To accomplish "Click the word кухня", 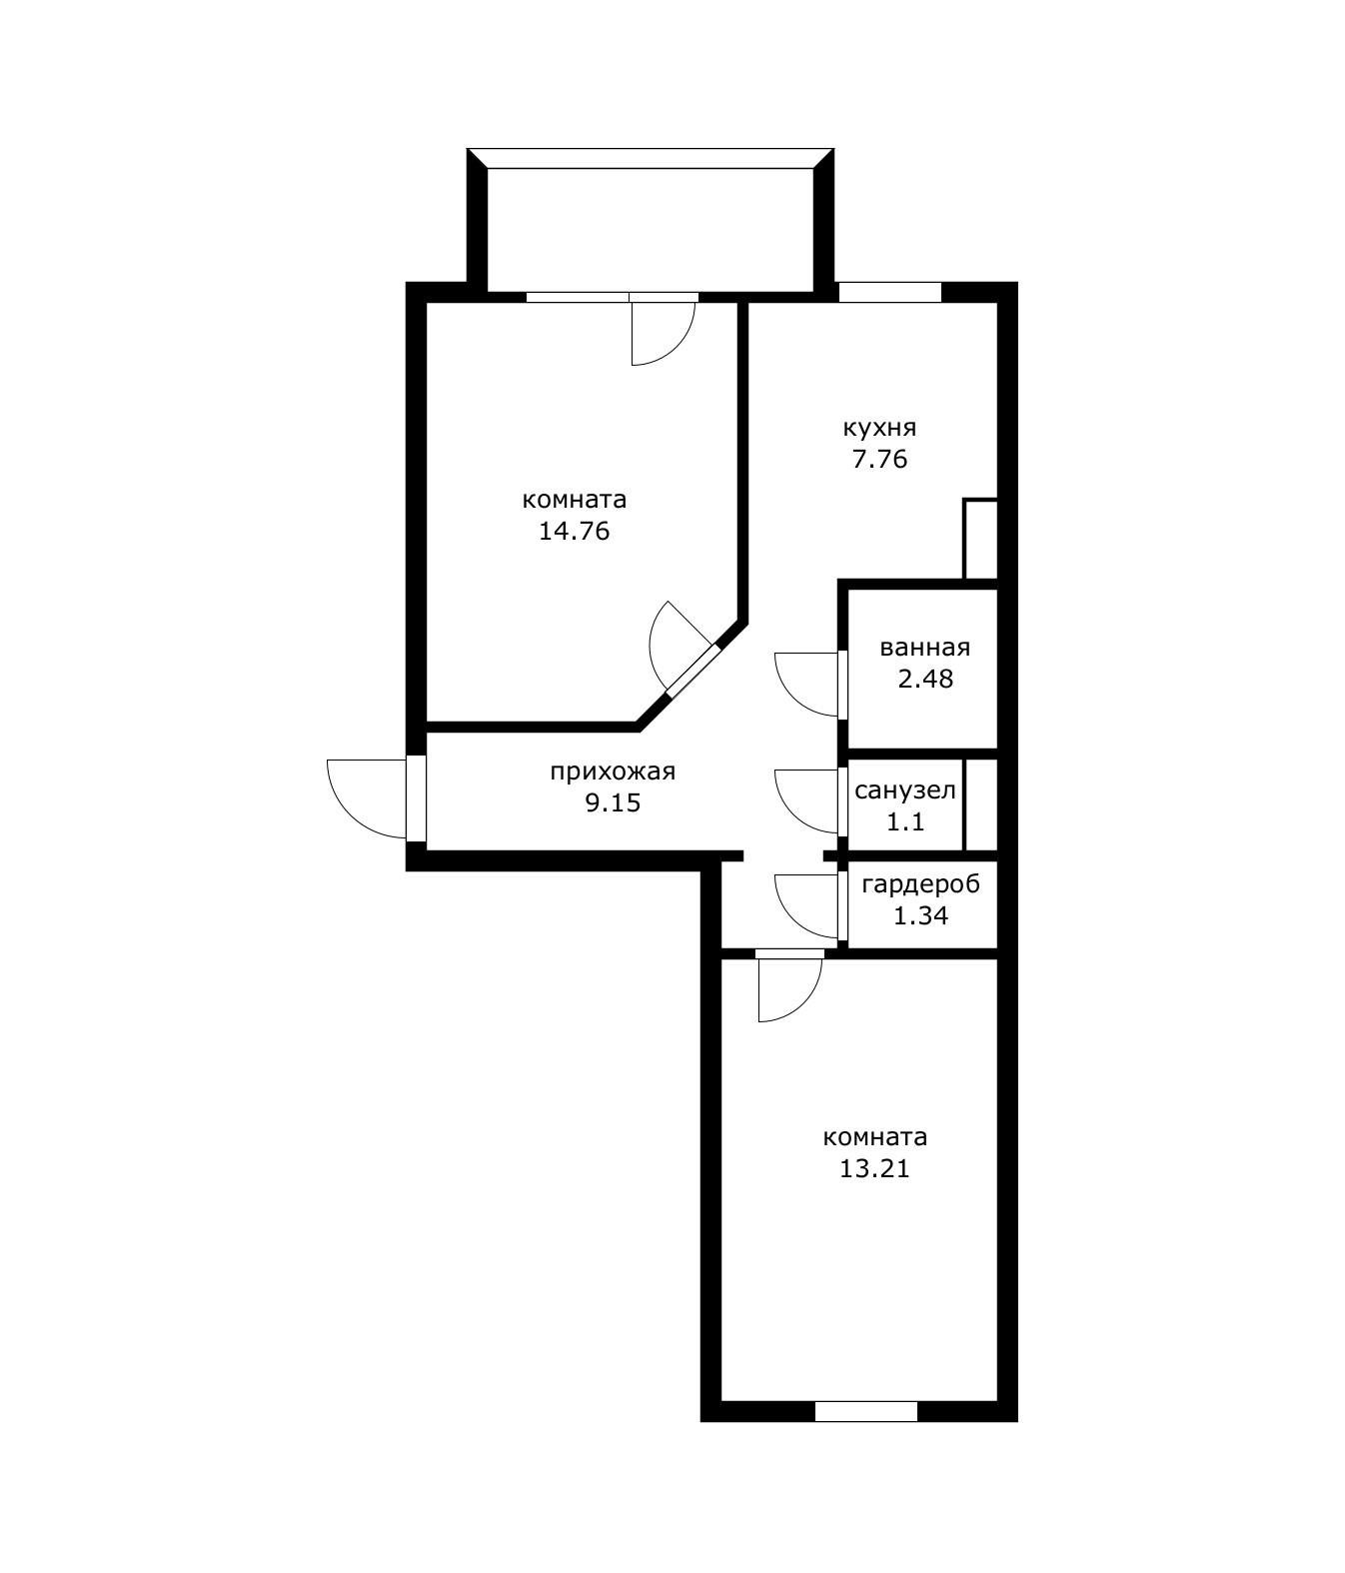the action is click(879, 429).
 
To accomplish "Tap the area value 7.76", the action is click(879, 460).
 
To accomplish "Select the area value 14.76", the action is click(575, 531).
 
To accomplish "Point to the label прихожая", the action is click(613, 773).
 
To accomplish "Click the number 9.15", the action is click(613, 802).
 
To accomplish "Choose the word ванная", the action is click(925, 648).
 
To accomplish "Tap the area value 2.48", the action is click(925, 679).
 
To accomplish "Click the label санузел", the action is click(904, 790).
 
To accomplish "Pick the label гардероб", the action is click(920, 884).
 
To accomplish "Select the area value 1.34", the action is click(920, 915).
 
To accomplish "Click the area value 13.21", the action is click(875, 1168).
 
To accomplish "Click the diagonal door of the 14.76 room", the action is click(690, 669).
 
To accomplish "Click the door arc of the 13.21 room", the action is click(804, 1003).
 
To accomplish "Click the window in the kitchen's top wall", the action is click(889, 292).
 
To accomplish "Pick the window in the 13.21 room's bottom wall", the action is click(865, 1411).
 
